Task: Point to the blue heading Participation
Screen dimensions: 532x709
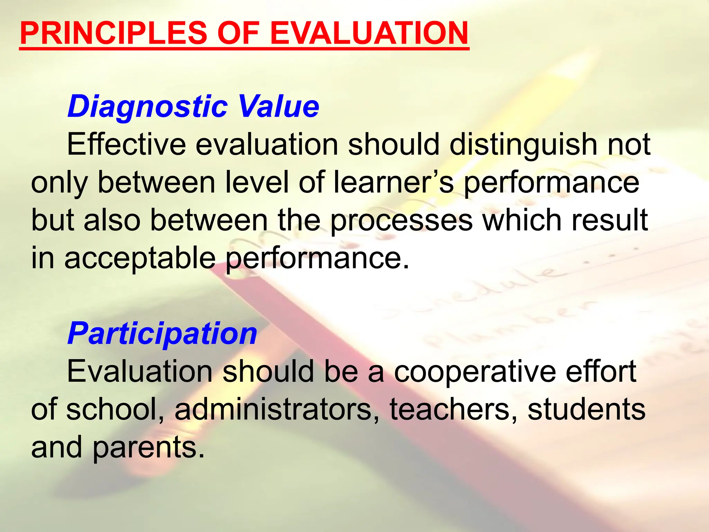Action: [x=162, y=333]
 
